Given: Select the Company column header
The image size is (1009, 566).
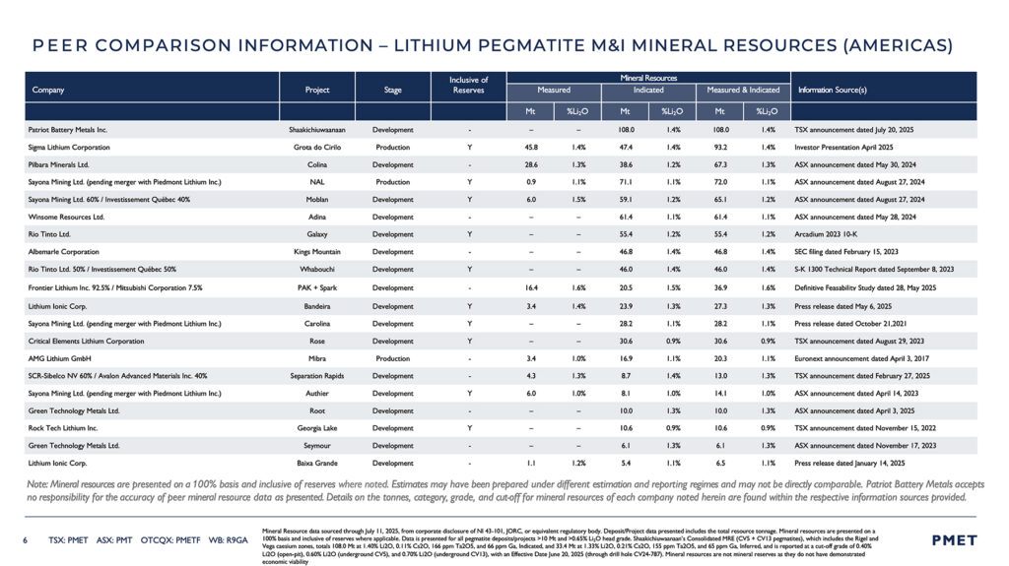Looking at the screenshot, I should coord(48,90).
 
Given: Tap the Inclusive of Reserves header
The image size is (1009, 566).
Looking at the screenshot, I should coord(469,85).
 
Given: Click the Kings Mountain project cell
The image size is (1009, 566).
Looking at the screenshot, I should coord(317,252).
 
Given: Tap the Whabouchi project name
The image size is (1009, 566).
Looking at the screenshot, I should coord(317,268).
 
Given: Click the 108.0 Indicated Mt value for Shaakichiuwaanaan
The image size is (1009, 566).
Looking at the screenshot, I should coord(625,129).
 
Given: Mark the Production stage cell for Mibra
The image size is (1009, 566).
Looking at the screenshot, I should coord(393,359).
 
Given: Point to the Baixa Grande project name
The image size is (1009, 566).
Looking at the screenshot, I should coord(317,463).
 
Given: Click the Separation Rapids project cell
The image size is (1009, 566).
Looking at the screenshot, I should coord(317,375).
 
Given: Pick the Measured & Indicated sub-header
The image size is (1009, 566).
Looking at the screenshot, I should coord(743,90).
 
